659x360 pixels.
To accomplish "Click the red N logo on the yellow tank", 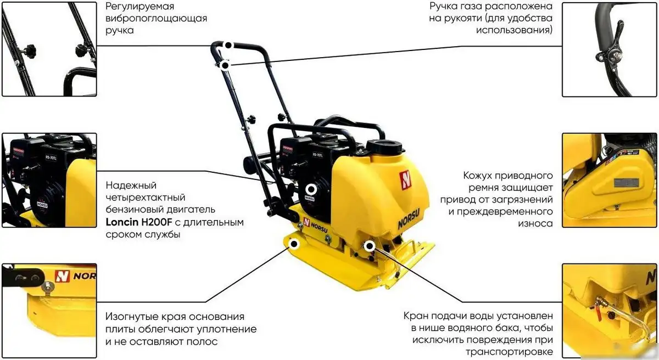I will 405,179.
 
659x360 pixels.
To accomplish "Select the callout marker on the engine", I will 311,190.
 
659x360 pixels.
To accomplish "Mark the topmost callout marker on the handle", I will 227,46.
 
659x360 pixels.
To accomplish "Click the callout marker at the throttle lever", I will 225,65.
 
